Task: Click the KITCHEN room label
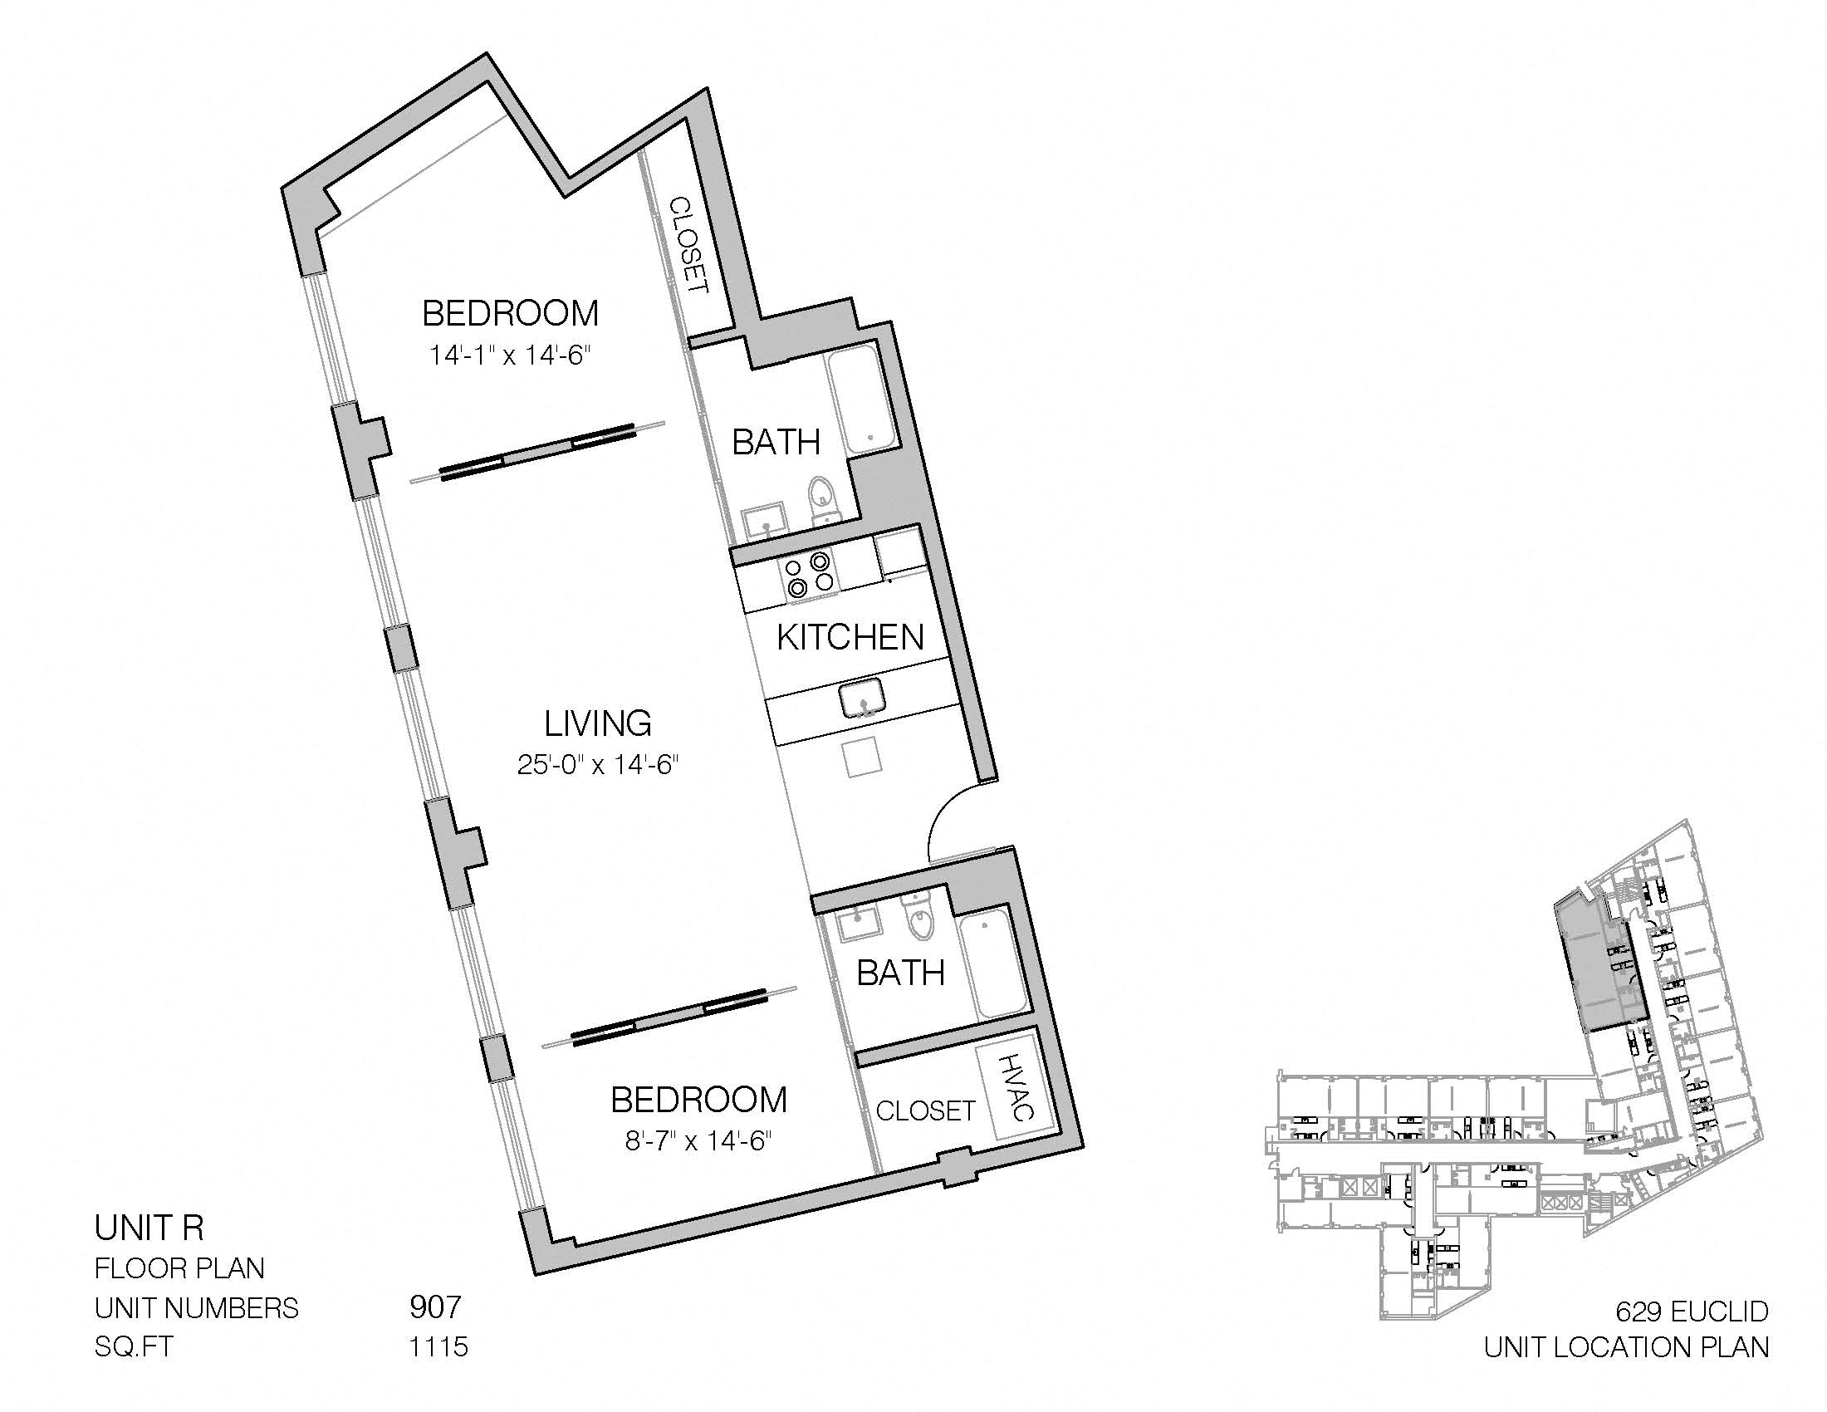(850, 637)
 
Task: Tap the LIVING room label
(598, 723)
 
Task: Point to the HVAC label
(1016, 1086)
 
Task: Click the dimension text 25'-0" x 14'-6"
(597, 764)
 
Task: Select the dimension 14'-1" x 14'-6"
(510, 355)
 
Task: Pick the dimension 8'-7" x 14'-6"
(698, 1141)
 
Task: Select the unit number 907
(435, 1307)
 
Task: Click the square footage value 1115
(438, 1346)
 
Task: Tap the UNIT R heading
(149, 1228)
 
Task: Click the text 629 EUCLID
(1692, 1311)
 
